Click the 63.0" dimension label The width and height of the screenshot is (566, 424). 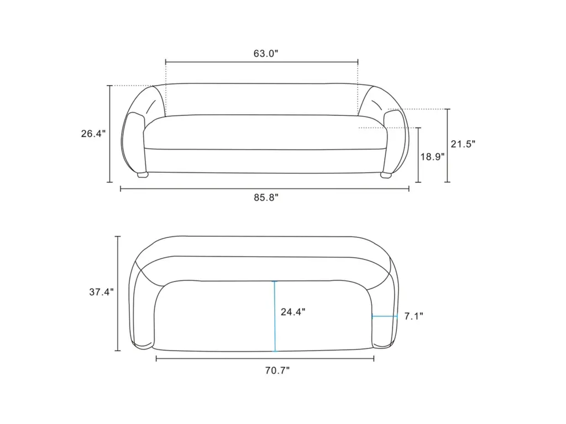point(266,54)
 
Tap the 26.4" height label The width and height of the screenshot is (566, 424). point(93,134)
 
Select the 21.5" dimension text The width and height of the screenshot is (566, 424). point(463,144)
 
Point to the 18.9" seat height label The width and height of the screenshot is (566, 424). point(432,157)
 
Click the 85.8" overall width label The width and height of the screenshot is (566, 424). point(266,198)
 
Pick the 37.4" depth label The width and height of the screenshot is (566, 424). point(102,292)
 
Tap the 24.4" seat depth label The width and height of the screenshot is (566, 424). point(293,312)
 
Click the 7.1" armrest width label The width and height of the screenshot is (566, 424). point(413,316)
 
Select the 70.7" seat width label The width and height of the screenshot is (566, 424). point(277,370)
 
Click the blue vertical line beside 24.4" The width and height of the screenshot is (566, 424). point(275,316)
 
